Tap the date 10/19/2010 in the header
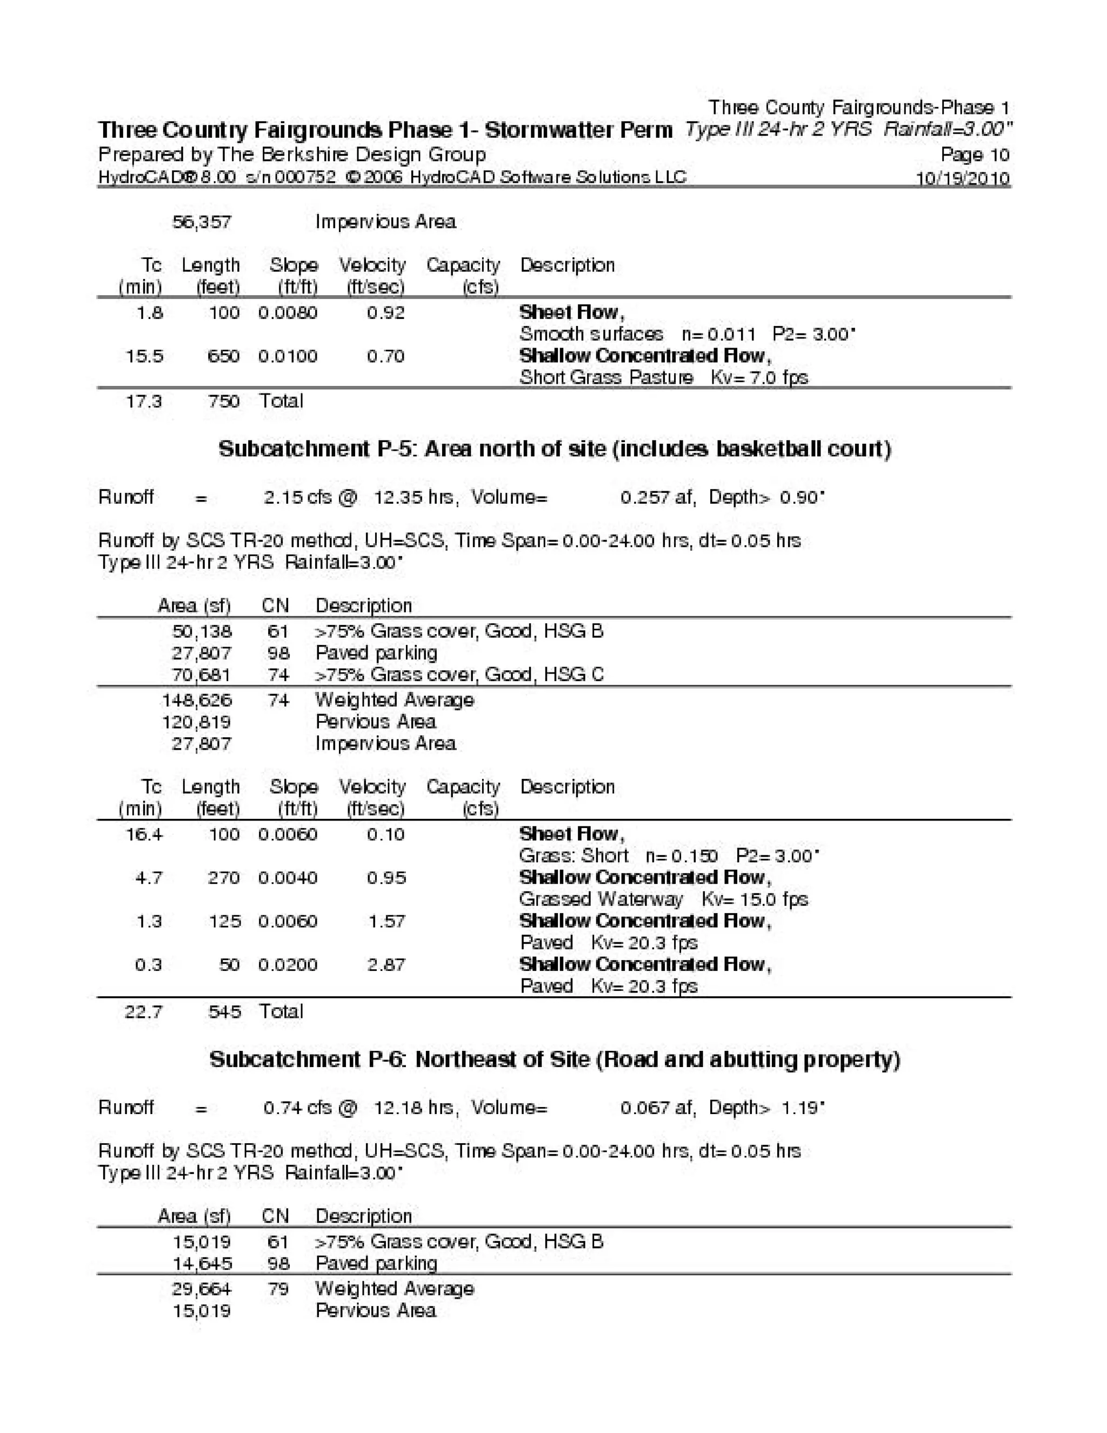(963, 178)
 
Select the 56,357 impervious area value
(202, 222)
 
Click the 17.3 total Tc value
(144, 401)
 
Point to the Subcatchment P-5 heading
(555, 449)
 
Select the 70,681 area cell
(202, 675)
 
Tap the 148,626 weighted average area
(197, 700)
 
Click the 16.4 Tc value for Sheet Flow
(144, 835)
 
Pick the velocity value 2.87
(386, 964)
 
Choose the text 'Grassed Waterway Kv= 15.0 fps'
(663, 899)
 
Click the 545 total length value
(224, 1011)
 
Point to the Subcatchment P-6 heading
(555, 1059)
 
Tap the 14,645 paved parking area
(202, 1263)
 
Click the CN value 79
(278, 1289)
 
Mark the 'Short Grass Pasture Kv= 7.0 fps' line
(663, 378)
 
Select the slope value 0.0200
(288, 964)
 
